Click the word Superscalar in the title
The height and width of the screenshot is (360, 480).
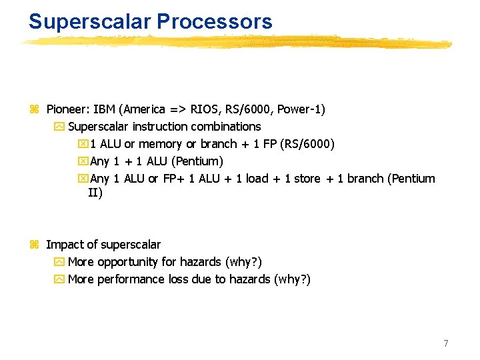point(89,21)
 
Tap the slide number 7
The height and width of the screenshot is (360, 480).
point(446,343)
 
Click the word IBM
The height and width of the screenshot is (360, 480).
point(104,109)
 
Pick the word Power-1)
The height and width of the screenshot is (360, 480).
point(299,109)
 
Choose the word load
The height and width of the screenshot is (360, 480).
point(256,178)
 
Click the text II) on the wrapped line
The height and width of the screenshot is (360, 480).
point(95,193)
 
